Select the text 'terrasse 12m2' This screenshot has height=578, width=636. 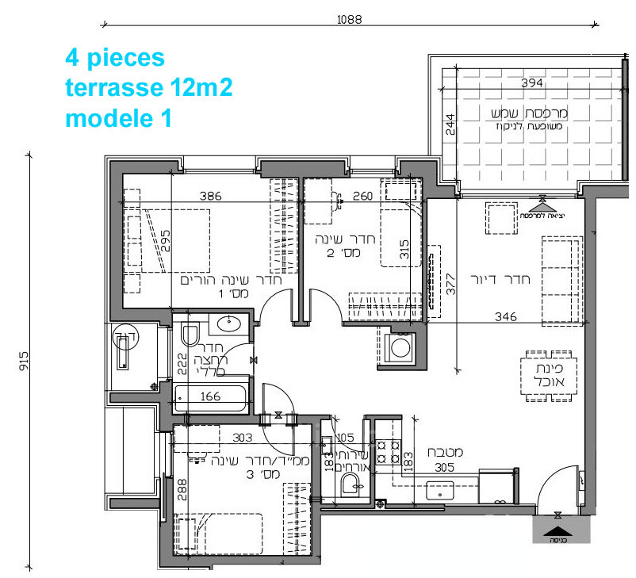coord(148,88)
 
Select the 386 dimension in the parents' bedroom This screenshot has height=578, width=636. coord(210,196)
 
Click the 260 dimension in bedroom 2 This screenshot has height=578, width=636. coord(362,196)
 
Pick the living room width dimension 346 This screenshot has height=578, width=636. coord(504,316)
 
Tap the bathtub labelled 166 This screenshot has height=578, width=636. coord(209,396)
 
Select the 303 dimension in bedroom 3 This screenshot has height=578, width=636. coord(243,437)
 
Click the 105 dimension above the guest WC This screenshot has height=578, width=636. coord(344,437)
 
